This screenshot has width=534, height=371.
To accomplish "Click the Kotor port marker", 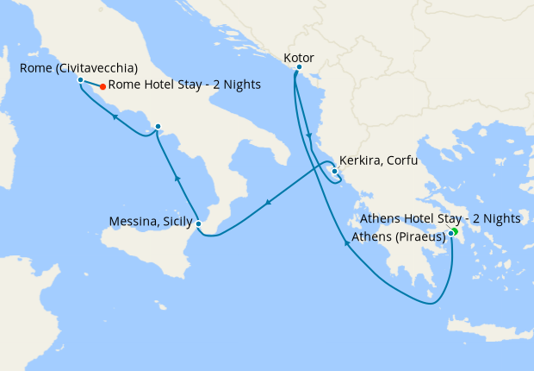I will [298, 67].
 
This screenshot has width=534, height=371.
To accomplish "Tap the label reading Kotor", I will [298, 56].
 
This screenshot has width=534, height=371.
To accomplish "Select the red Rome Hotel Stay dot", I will [102, 85].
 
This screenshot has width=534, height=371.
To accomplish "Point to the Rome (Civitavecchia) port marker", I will [80, 80].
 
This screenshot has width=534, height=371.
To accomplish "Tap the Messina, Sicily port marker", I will [199, 224].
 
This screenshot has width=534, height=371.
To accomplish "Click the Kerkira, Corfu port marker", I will [334, 171].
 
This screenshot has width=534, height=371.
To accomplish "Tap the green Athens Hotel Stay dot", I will [454, 230].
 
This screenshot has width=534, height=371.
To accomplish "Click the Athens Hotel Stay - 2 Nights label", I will [440, 218].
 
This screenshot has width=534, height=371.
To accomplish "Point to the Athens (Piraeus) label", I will [398, 236].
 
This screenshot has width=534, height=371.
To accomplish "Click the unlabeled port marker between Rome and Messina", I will [158, 127].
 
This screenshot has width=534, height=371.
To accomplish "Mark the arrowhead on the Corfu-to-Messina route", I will [268, 204].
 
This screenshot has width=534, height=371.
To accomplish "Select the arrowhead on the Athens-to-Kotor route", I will [346, 243].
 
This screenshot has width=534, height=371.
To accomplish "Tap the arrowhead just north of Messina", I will [177, 178].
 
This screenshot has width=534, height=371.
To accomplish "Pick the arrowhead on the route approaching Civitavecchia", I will [115, 116].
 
